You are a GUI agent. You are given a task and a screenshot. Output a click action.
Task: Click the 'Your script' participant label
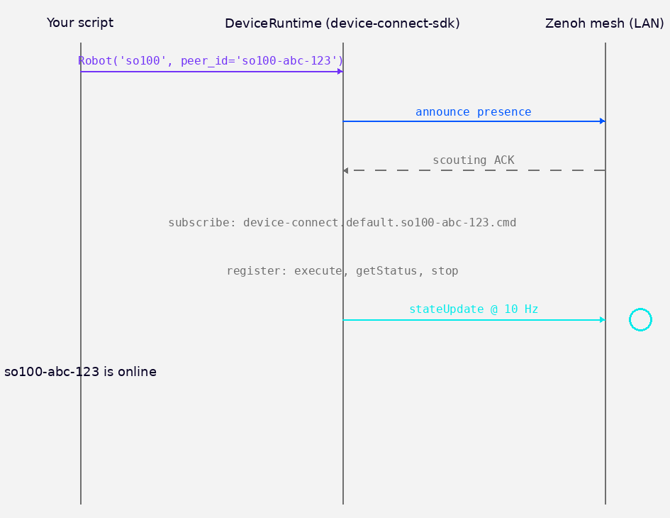pyautogui.click(x=80, y=23)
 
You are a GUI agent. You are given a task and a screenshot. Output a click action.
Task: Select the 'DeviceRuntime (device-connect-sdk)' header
pyautogui.click(x=342, y=23)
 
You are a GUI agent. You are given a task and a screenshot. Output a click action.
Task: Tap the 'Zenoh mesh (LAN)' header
pyautogui.click(x=604, y=23)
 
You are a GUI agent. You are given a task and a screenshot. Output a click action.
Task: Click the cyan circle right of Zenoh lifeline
pyautogui.click(x=640, y=320)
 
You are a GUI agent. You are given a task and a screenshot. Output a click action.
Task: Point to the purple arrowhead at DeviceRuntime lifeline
pyautogui.click(x=340, y=72)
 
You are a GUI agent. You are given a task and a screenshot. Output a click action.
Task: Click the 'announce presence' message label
pyautogui.click(x=473, y=112)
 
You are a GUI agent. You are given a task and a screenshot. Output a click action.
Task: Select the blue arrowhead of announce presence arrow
pyautogui.click(x=602, y=121)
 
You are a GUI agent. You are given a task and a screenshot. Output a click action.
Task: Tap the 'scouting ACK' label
pyautogui.click(x=473, y=160)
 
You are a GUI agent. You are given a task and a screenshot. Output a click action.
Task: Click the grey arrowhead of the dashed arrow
pyautogui.click(x=346, y=170)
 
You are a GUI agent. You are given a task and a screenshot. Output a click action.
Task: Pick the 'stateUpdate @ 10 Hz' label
pyautogui.click(x=473, y=309)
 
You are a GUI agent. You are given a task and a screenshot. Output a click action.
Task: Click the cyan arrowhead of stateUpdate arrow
pyautogui.click(x=602, y=320)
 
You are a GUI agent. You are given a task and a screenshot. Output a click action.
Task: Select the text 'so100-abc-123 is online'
pyautogui.click(x=80, y=372)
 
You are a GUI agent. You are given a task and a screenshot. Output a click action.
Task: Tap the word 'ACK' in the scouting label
pyautogui.click(x=504, y=160)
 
